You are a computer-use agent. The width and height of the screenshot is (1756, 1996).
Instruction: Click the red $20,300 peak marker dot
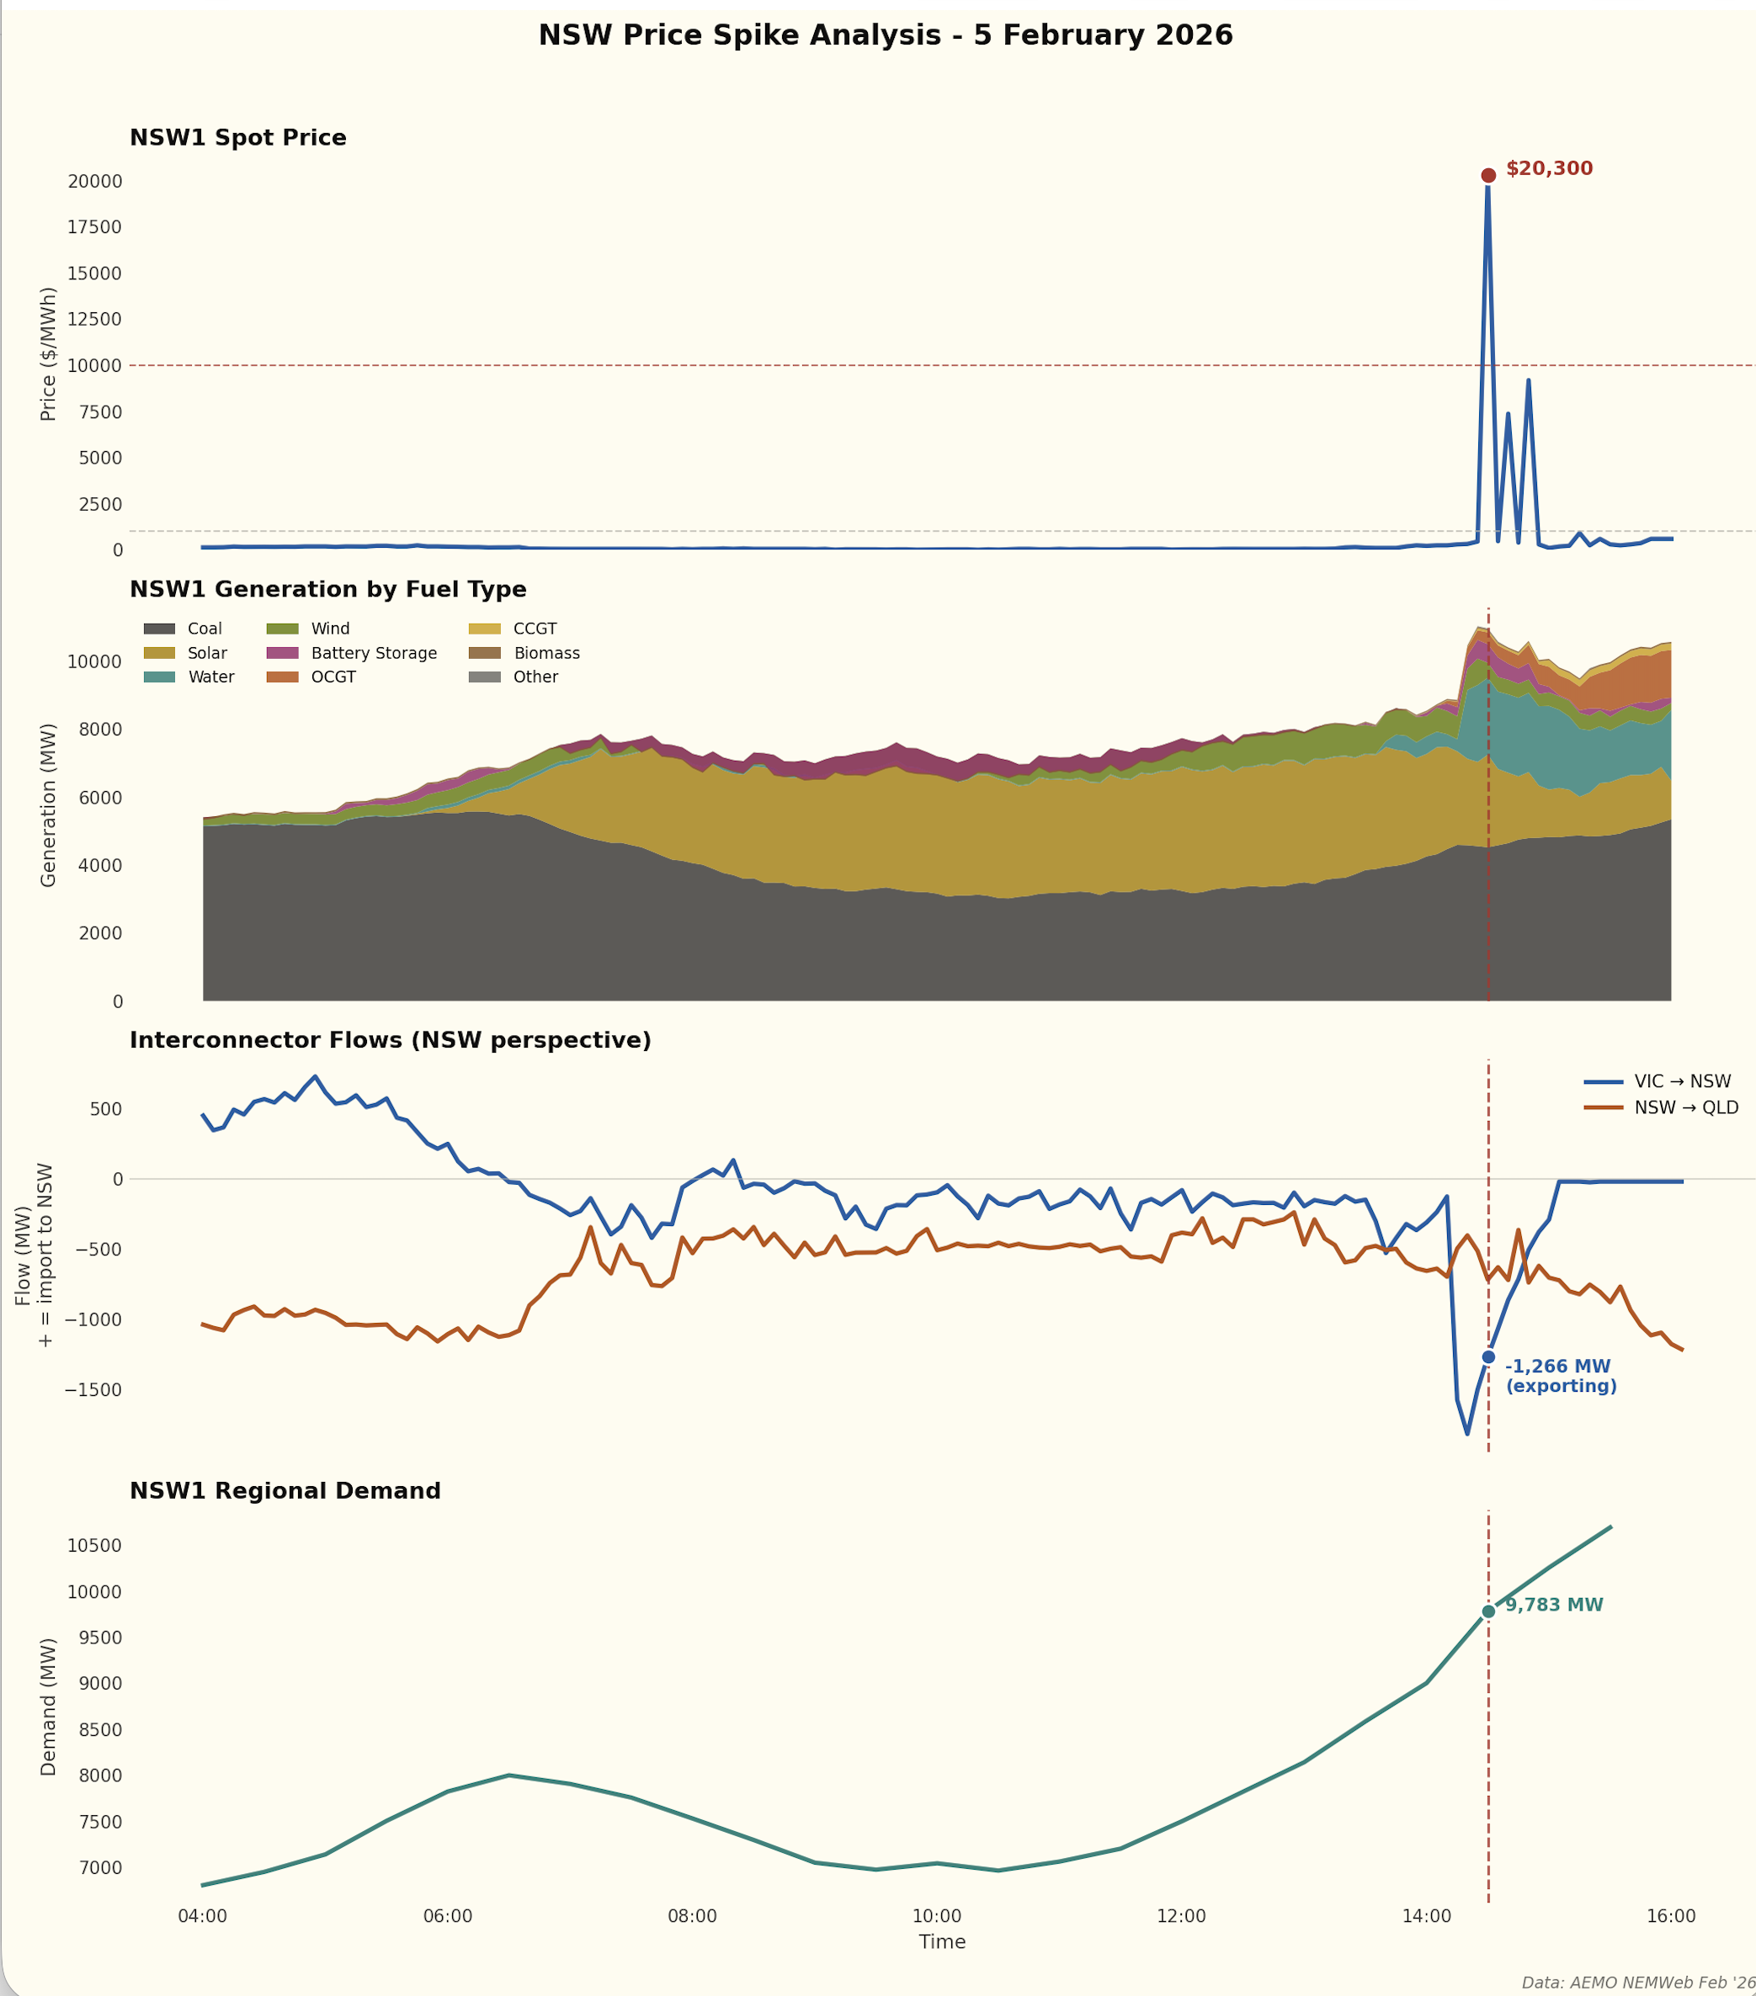click(1487, 176)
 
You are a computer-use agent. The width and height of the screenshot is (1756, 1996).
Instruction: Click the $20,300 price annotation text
click(1549, 169)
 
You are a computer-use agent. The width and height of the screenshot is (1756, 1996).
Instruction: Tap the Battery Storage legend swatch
click(282, 653)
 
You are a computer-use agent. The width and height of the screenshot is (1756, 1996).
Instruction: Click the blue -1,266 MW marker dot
click(1487, 1356)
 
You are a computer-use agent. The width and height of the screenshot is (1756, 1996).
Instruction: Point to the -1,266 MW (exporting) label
click(1560, 1376)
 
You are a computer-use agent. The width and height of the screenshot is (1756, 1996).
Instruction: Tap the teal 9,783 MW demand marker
click(1487, 1611)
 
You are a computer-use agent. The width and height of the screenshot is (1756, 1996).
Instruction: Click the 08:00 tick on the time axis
click(693, 1917)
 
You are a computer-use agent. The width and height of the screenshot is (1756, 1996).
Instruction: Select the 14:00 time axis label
click(1426, 1917)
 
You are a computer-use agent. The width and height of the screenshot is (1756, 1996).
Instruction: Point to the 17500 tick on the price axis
click(95, 227)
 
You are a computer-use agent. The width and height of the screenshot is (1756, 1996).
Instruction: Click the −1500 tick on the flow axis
click(93, 1389)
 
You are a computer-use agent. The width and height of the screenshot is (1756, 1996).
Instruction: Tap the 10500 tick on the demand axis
click(95, 1546)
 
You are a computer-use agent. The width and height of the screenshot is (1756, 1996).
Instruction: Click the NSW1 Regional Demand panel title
click(285, 1491)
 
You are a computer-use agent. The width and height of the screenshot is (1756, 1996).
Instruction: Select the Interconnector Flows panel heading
click(390, 1040)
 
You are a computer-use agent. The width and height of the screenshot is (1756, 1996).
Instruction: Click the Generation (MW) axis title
click(48, 804)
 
